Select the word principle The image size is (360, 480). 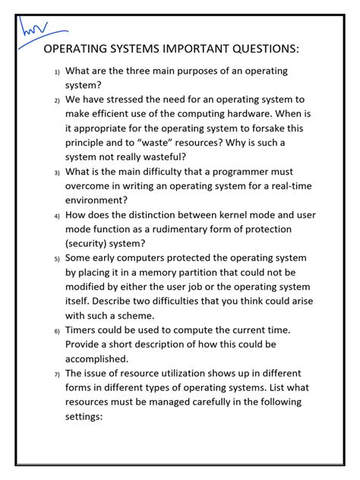(90, 143)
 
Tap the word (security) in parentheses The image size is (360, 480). (94, 244)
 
